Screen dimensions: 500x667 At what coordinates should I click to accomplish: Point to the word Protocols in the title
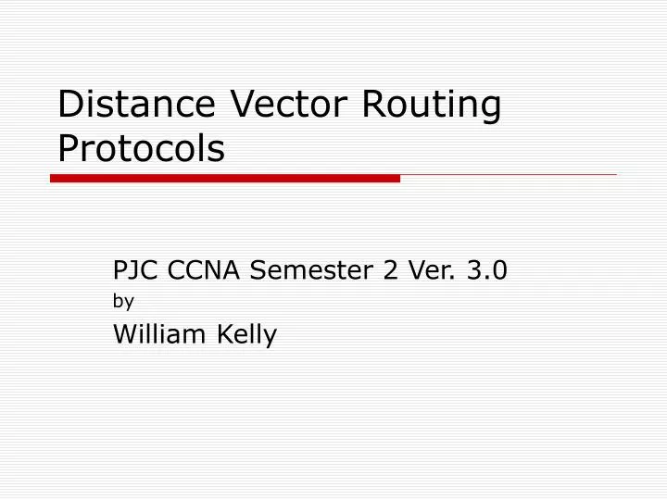point(141,148)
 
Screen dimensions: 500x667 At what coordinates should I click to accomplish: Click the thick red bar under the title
point(225,178)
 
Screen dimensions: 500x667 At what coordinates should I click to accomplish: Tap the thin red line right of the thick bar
point(508,174)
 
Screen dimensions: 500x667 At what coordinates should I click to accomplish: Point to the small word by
point(123,301)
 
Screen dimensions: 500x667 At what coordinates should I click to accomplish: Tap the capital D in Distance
point(69,105)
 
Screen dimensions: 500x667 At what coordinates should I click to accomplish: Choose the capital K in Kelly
point(223,334)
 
